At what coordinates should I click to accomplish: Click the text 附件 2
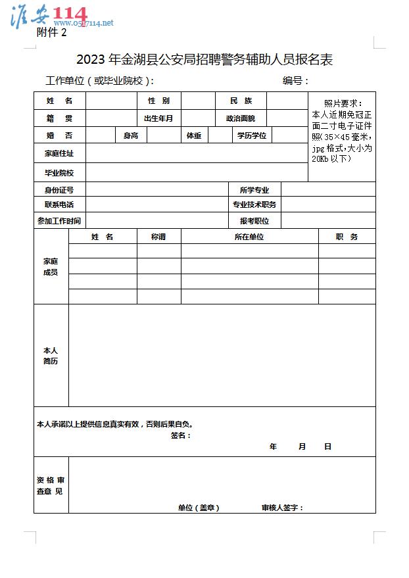click(x=52, y=34)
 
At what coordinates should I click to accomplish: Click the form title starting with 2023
click(x=204, y=60)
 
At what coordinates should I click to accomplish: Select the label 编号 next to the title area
click(x=295, y=81)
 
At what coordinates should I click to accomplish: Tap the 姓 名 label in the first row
click(x=59, y=101)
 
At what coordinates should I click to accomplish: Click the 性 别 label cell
click(x=158, y=101)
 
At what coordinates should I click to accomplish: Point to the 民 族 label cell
click(x=241, y=101)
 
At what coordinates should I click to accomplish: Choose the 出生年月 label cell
click(x=158, y=118)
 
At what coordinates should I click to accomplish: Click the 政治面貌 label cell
click(x=241, y=118)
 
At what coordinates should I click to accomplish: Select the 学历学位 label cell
click(x=252, y=135)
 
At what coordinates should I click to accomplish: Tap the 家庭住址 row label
click(x=59, y=153)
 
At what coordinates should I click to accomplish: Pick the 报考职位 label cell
click(x=254, y=221)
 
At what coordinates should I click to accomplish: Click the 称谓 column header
click(x=158, y=237)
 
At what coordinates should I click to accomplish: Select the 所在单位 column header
click(x=249, y=237)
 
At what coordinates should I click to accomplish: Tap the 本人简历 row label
click(x=51, y=356)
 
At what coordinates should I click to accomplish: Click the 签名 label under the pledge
click(x=180, y=435)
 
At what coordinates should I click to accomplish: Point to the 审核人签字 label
click(x=282, y=508)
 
